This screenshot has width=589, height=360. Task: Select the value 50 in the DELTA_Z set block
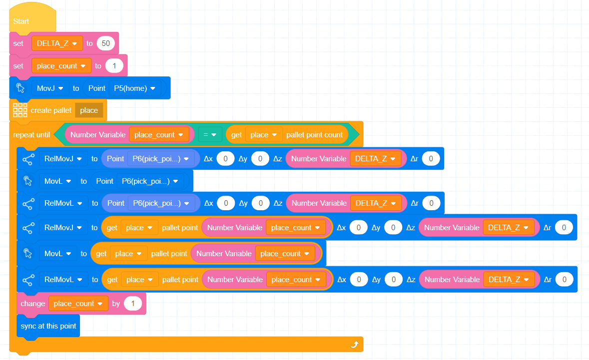105,43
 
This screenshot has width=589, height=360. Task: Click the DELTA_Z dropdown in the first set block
57,43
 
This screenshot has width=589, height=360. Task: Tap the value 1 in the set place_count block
114,66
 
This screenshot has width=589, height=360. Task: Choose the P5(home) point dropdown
134,88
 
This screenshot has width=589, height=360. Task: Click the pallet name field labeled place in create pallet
89,110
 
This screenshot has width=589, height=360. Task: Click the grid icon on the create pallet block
20,110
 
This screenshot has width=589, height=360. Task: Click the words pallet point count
314,135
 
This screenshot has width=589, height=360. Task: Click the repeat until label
31,135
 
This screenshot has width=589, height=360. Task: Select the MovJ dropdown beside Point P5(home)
50,88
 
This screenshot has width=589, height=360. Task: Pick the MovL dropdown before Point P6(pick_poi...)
57,181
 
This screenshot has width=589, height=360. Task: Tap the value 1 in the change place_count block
132,304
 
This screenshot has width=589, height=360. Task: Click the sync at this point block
48,326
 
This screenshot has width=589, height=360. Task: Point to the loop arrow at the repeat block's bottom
354,344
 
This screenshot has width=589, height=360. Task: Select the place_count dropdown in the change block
78,304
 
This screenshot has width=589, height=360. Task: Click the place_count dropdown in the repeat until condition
159,135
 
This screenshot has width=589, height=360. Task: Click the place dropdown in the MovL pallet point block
129,254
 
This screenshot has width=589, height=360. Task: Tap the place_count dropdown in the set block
61,66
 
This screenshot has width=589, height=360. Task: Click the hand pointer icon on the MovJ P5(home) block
20,88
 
